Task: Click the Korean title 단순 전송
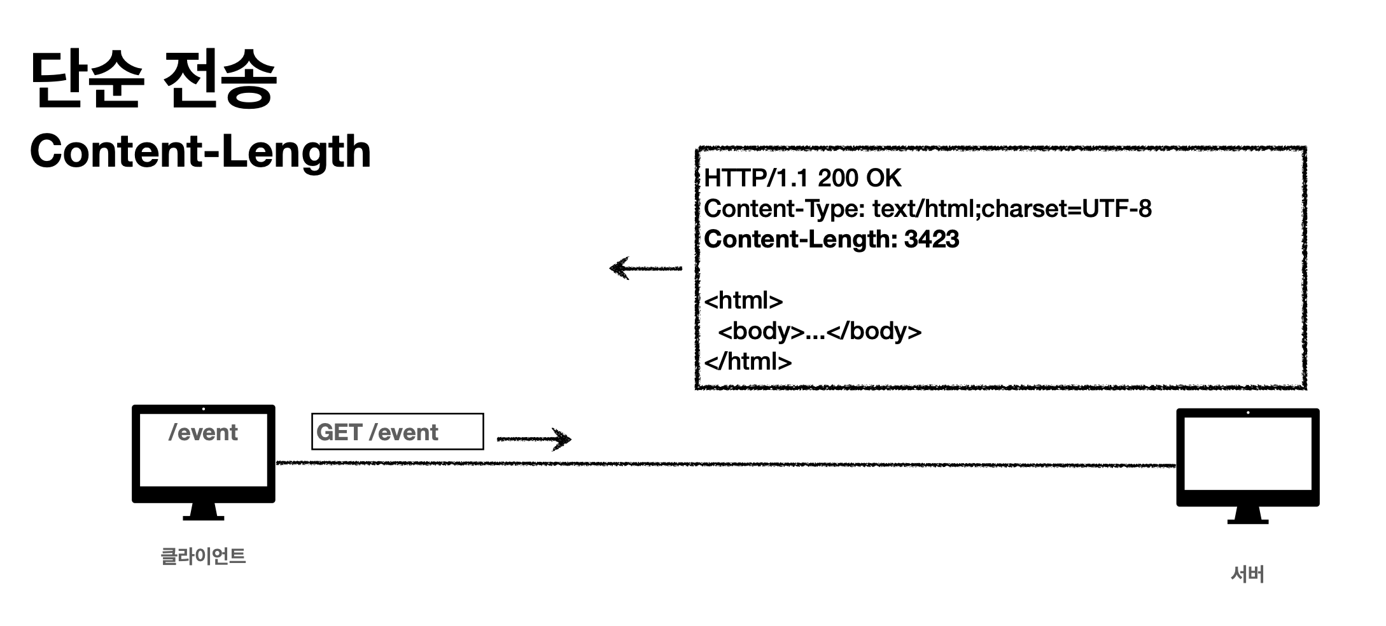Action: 153,80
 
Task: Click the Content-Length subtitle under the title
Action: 200,151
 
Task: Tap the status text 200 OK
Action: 860,178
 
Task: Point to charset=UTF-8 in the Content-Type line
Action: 1066,209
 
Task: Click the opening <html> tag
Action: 743,300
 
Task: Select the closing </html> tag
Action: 748,361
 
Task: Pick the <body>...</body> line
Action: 820,331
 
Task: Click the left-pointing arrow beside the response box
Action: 645,268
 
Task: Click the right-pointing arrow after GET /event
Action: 535,438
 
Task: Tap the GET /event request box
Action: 397,432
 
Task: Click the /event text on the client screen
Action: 203,433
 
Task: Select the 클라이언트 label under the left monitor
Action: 203,556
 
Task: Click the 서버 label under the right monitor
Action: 1247,574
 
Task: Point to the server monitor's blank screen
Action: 1247,453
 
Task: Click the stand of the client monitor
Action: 203,511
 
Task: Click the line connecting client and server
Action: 725,464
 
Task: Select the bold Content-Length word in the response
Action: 799,239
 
